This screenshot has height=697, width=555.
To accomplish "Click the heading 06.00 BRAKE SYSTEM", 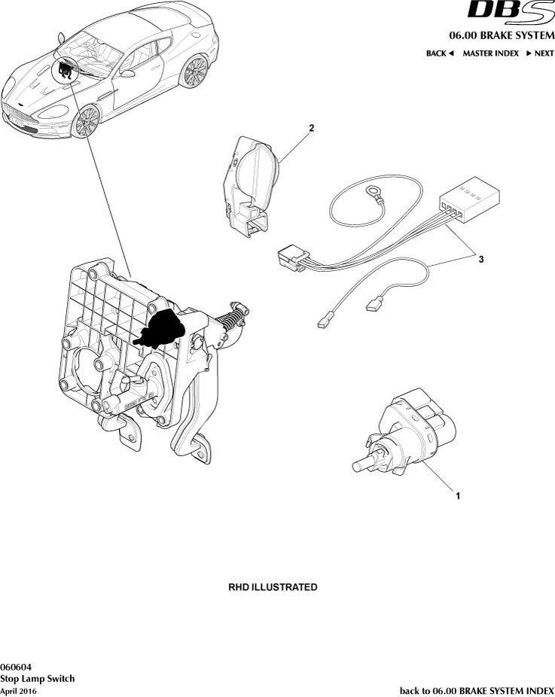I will pos(502,35).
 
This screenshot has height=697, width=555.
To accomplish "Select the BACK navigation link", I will pos(440,53).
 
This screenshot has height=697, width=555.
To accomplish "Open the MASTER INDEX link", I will pos(490,53).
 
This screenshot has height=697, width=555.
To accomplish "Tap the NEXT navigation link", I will pos(540,53).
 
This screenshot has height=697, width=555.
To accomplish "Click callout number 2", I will pos(311,129).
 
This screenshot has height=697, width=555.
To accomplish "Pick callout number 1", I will pos(456,496).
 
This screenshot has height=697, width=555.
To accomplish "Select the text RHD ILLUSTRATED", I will pos(273,586).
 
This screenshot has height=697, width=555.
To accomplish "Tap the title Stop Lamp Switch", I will pos(37,678).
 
